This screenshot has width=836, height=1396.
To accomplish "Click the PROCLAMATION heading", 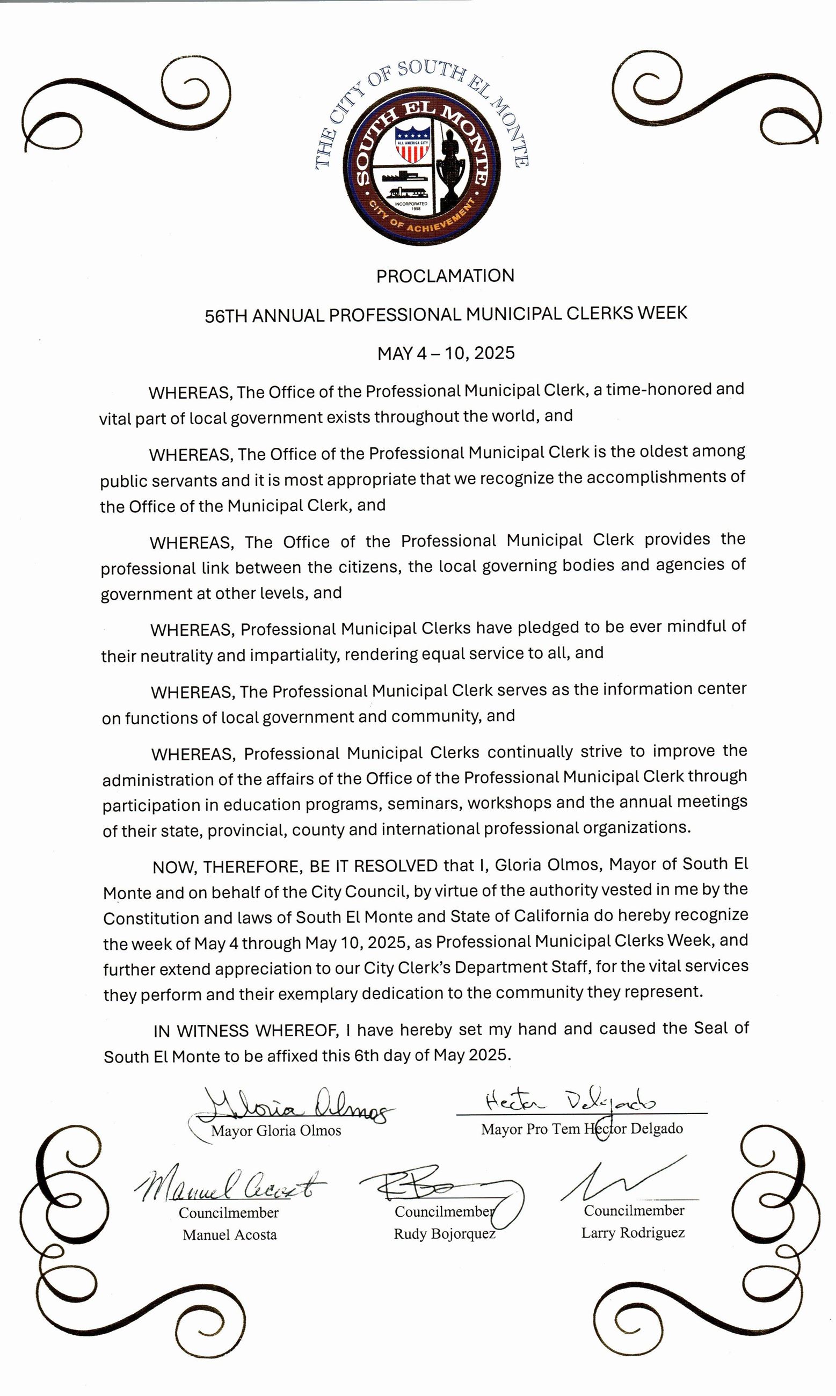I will [x=445, y=276].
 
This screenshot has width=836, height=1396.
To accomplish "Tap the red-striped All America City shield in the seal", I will [x=413, y=145].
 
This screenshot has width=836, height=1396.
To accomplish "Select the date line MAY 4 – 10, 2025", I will [x=446, y=353].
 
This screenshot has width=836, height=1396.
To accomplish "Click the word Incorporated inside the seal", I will [x=411, y=203].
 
